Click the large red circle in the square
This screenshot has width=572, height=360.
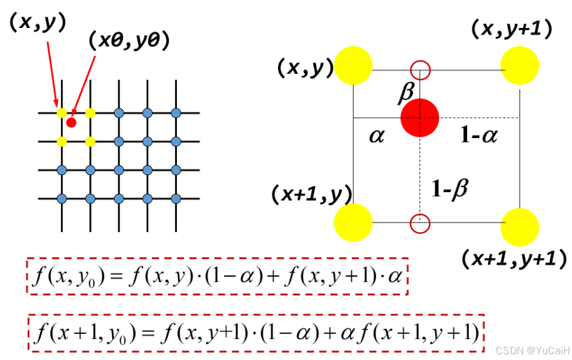pos(419,117)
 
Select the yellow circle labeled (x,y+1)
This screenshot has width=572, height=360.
pos(520,66)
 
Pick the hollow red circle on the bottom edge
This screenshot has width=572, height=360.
pos(420,223)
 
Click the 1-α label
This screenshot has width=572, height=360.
pos(478,135)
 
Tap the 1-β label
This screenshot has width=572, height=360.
pos(449,188)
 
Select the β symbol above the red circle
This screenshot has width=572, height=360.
pos(405,94)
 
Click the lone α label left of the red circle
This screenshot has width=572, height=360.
pos(377,135)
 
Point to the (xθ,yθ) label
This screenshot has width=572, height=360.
pos(129,41)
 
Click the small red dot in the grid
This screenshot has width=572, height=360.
pos(71,122)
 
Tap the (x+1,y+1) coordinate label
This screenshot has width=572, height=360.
pos(514,259)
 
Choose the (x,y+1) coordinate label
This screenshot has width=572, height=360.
pos(511,29)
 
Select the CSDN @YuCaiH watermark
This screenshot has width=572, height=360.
pos(533,350)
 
